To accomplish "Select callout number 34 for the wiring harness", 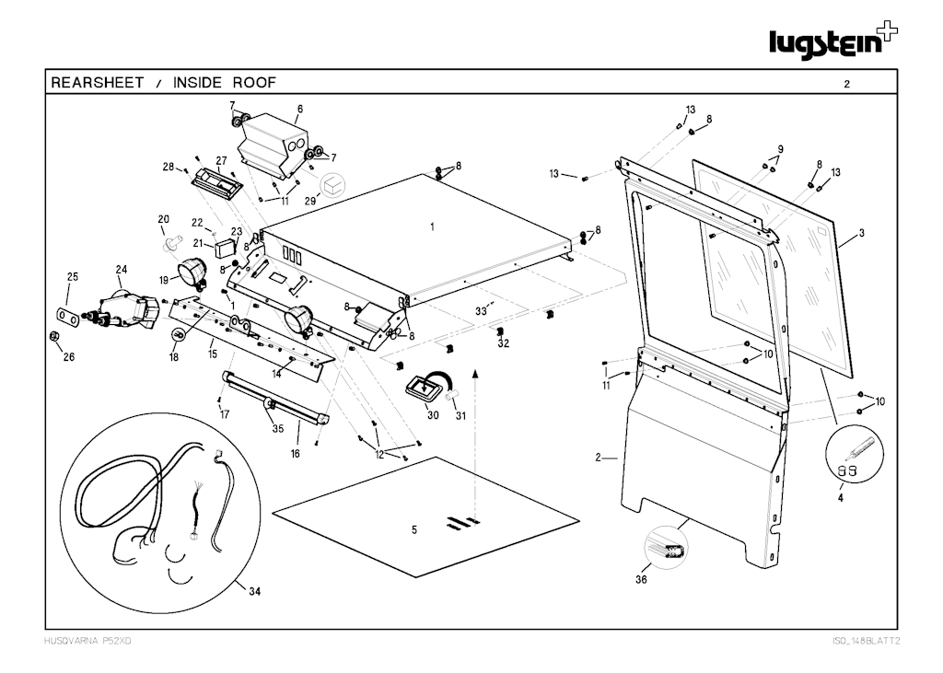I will point(255,591).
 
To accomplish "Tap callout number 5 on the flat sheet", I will point(413,529).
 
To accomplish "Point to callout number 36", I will point(641,580).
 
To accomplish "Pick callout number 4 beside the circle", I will point(840,498).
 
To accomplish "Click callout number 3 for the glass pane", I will point(861,233).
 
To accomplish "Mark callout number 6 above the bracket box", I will point(299,108).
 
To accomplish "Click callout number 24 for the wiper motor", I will point(121,269).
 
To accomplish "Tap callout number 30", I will point(432,415).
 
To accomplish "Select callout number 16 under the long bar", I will point(296,454).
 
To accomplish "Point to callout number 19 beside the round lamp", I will point(164,280).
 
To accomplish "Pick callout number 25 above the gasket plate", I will point(73,276).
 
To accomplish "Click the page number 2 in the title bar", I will point(846,84).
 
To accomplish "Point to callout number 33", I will point(480,312).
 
